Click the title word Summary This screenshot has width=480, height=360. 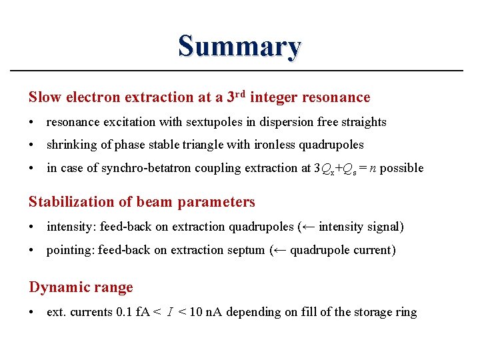(239, 47)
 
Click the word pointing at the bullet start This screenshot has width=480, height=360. (70, 251)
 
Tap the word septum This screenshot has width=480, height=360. (247, 251)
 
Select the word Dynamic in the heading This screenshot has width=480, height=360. (54, 287)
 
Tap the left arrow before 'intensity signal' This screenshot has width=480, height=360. (308, 227)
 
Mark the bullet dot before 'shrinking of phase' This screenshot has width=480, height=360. (33, 145)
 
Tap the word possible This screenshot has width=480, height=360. (402, 168)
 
